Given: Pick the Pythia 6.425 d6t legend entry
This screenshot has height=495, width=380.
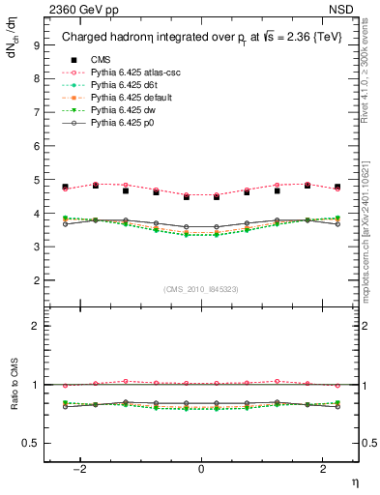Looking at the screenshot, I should [118, 85].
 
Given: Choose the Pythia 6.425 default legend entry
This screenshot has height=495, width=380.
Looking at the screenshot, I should [125, 98].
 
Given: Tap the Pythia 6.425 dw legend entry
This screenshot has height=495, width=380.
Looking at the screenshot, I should [117, 110].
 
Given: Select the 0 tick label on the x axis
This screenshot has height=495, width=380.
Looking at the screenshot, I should [201, 470].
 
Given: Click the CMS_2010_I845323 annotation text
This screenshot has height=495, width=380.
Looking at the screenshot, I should [201, 289].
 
